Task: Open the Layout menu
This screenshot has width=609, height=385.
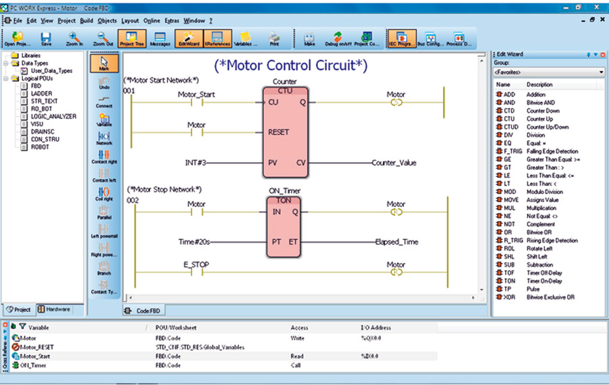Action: click(130, 21)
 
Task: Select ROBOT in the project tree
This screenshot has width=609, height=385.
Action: click(40, 146)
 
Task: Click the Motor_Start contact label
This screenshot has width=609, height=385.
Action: click(196, 95)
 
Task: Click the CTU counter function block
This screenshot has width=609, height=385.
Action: click(285, 131)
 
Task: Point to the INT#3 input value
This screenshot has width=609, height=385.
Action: click(196, 163)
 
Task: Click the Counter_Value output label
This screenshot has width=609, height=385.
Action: click(394, 163)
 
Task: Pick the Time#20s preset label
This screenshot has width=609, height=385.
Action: click(194, 241)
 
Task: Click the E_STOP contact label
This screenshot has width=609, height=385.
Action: click(196, 265)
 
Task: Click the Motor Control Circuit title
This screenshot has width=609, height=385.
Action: click(291, 65)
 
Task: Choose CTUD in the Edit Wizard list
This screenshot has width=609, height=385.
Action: click(511, 127)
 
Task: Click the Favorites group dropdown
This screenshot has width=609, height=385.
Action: click(548, 71)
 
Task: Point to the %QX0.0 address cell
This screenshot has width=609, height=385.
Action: click(373, 338)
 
